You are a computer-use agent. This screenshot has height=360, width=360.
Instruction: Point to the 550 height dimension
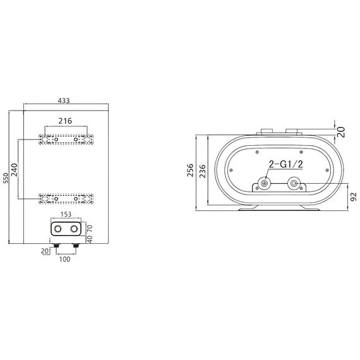click(6, 179)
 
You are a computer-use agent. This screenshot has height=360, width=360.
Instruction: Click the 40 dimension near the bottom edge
click(90, 240)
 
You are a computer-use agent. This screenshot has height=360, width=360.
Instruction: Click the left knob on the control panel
click(57, 228)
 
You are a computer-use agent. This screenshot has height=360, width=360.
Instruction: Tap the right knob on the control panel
click(75, 228)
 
